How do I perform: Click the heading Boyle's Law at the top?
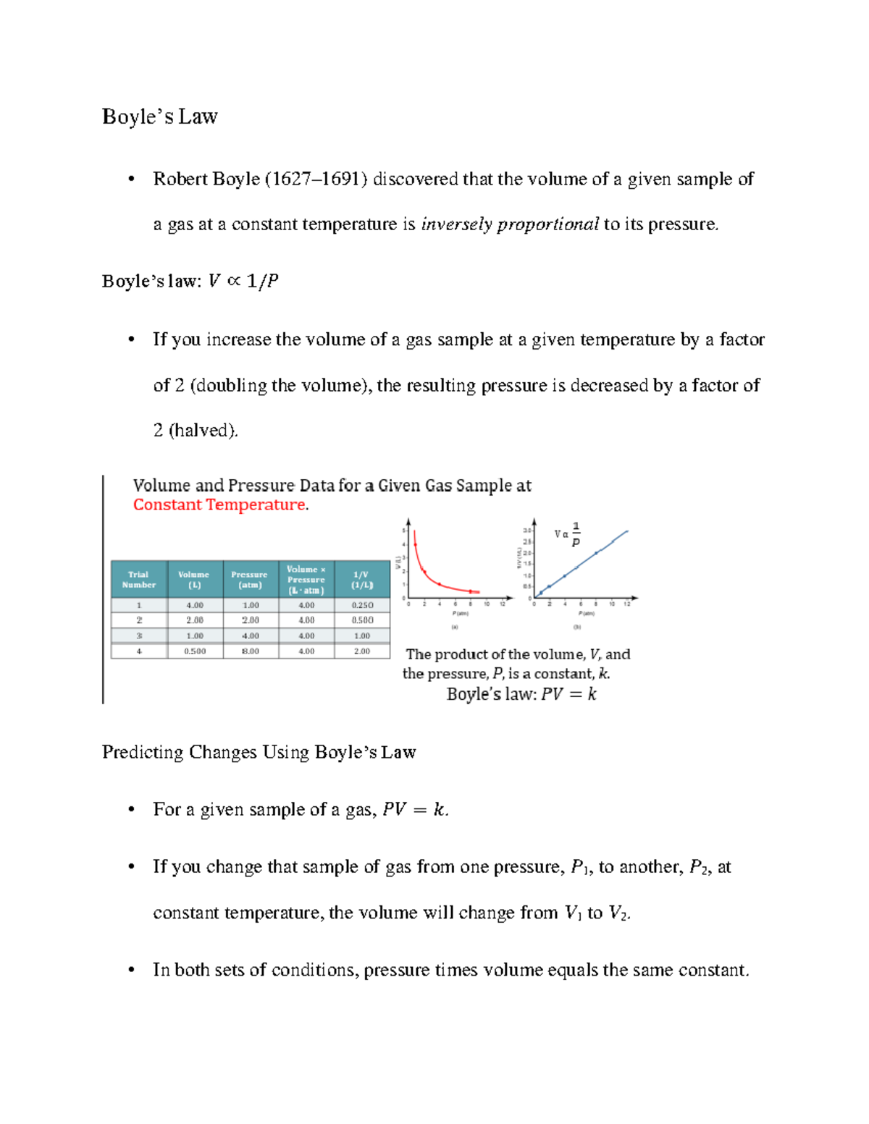159,117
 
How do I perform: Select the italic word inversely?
456,224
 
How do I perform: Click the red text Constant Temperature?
219,505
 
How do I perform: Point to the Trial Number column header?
138,579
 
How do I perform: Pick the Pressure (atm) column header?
249,579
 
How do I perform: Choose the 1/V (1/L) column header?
361,579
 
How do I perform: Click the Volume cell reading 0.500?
194,651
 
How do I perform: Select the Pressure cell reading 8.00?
250,651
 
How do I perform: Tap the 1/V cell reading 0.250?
362,605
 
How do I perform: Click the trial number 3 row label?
139,635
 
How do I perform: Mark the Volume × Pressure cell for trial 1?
306,605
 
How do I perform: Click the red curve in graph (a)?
427,575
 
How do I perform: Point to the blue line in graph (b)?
587,560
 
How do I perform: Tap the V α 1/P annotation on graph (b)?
568,534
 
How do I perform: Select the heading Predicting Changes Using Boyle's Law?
259,752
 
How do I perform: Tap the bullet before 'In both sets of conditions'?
131,970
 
